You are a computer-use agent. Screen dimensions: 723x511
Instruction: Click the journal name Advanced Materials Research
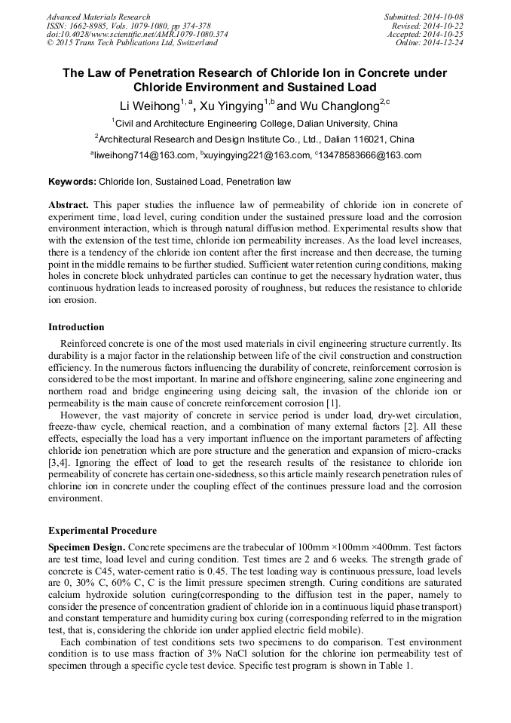(x=98, y=17)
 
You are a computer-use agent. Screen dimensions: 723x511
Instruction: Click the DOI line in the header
(x=137, y=35)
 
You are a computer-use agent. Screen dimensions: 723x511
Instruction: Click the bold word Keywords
(x=72, y=182)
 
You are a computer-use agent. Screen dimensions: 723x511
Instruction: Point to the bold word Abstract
(x=69, y=205)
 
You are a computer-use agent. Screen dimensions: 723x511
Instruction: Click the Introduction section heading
(x=76, y=327)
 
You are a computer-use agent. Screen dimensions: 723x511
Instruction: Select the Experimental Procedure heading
(x=103, y=531)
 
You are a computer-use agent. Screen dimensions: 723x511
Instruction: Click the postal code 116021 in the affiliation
(x=373, y=139)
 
